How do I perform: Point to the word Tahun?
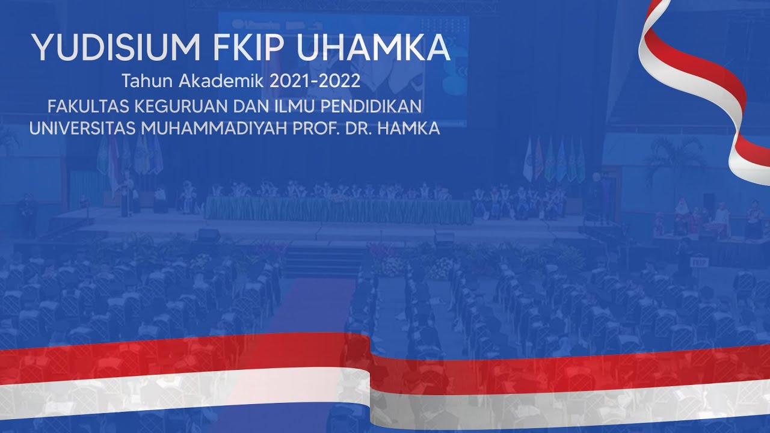click(x=143, y=80)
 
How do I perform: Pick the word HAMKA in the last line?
click(x=409, y=129)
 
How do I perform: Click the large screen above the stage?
click(x=343, y=66)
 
